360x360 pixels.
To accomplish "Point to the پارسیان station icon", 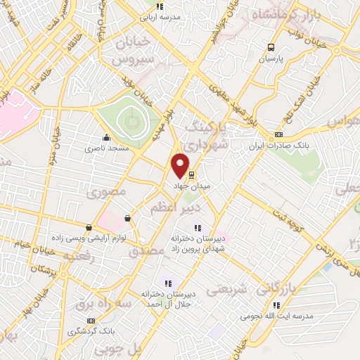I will coord(271,48).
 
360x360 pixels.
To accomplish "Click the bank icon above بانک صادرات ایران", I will coord(279,135).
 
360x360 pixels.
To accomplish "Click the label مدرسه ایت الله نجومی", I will coord(276,315).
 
